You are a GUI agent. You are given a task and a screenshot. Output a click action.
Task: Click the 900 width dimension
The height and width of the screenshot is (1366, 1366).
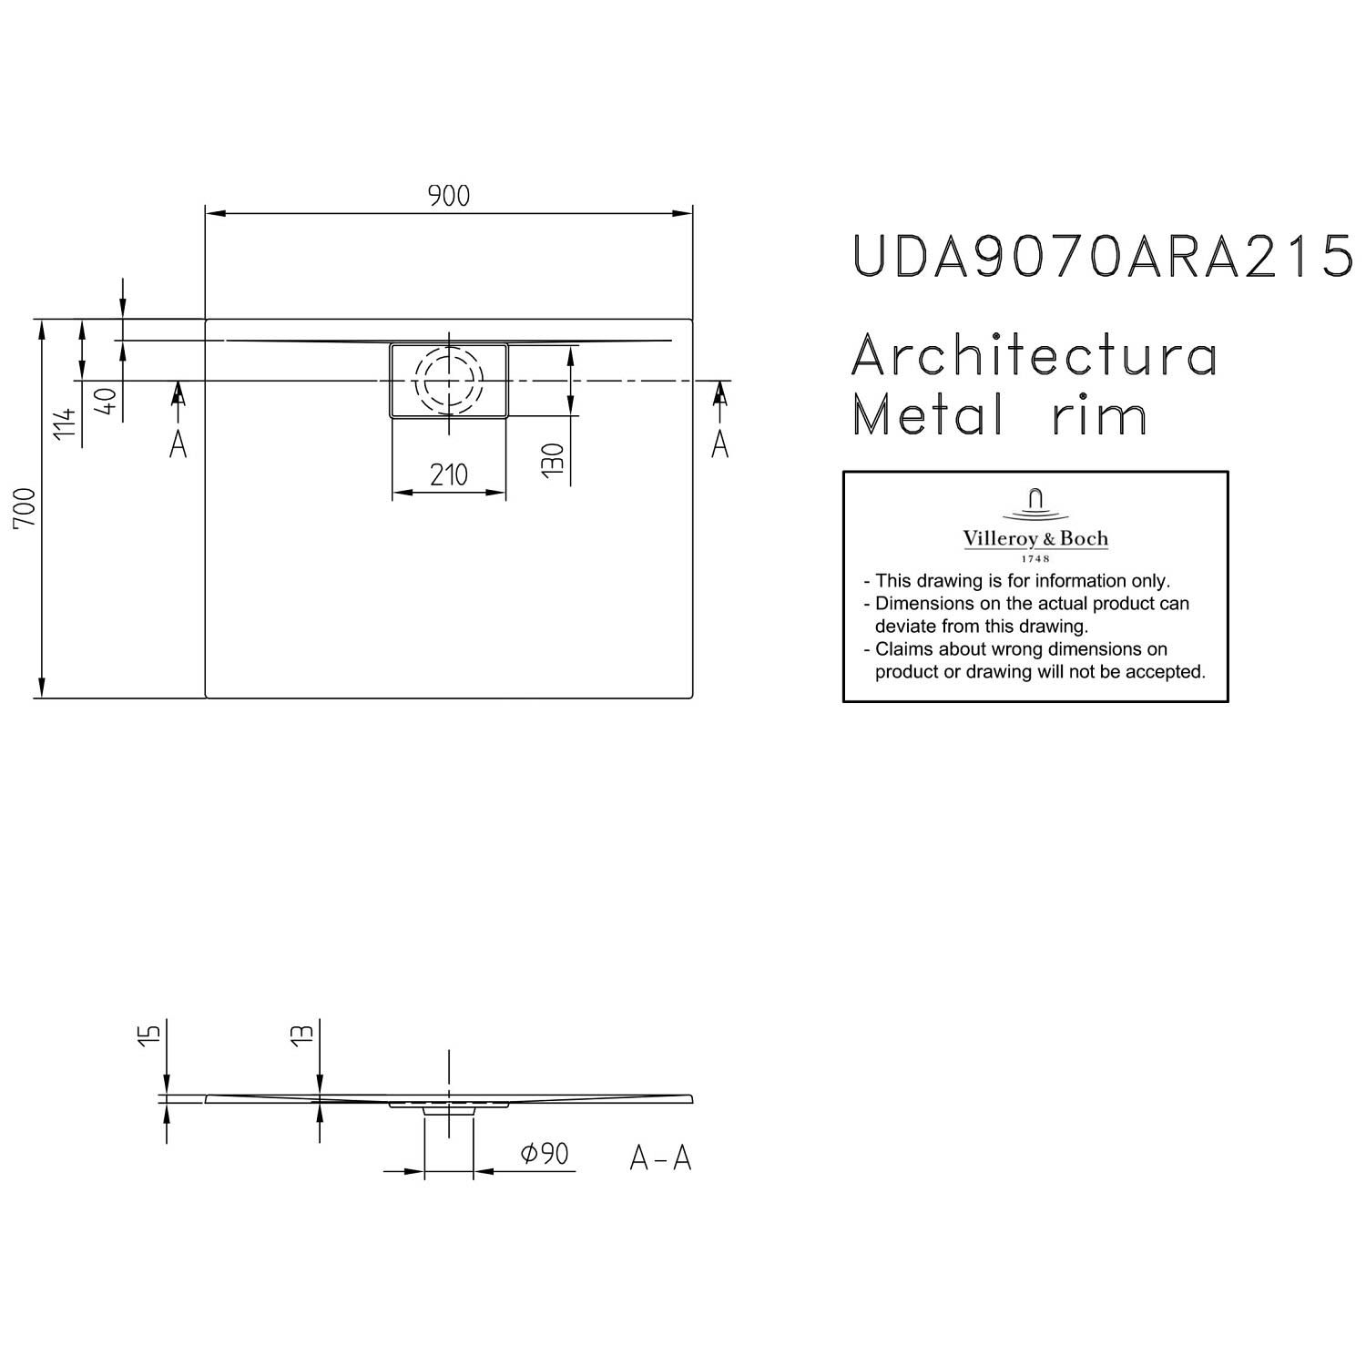click(x=449, y=196)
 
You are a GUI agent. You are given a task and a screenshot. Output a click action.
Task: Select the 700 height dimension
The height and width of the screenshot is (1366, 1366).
click(x=25, y=508)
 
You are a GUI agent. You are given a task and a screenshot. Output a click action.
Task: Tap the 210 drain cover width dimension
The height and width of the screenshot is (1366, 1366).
click(x=449, y=474)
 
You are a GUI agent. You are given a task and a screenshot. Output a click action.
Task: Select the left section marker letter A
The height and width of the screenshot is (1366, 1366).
click(x=178, y=444)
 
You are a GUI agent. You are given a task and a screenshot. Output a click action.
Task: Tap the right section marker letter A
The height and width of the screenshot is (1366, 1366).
click(x=719, y=444)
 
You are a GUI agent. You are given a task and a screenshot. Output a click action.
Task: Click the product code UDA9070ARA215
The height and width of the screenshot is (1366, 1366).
click(x=1102, y=256)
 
